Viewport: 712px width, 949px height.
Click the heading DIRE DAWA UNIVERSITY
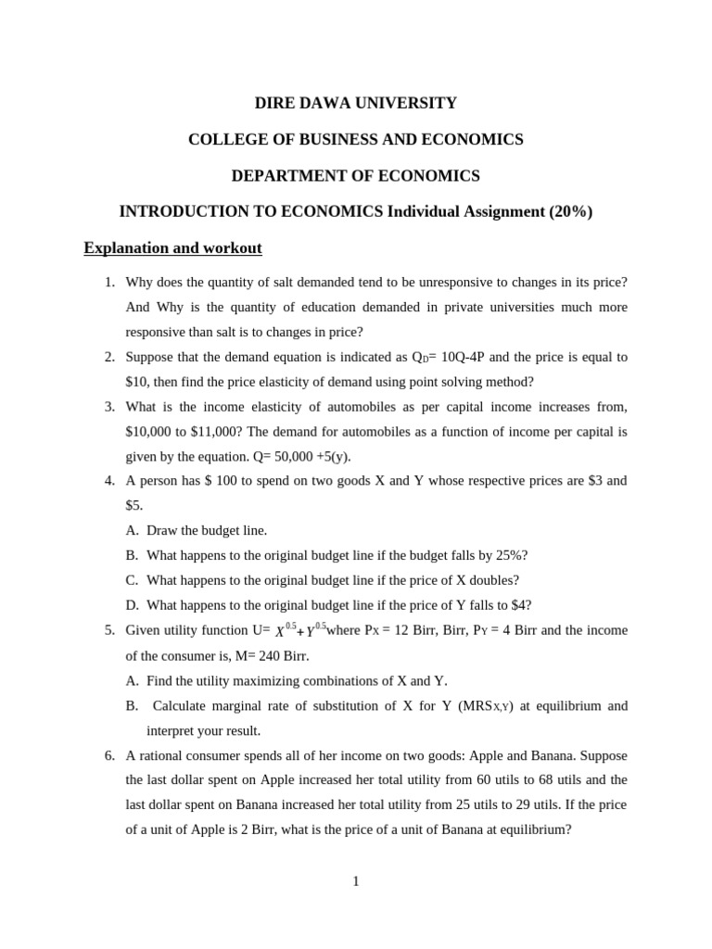(x=356, y=103)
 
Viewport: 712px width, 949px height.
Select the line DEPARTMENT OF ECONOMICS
(x=356, y=175)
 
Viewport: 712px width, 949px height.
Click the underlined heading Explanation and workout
(x=172, y=248)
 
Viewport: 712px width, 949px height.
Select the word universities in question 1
(x=516, y=307)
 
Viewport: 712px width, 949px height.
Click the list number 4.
(x=108, y=481)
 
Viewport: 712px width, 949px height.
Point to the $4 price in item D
(x=521, y=605)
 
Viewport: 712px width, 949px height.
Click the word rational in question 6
(x=159, y=755)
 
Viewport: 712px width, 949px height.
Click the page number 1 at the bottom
(x=356, y=881)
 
